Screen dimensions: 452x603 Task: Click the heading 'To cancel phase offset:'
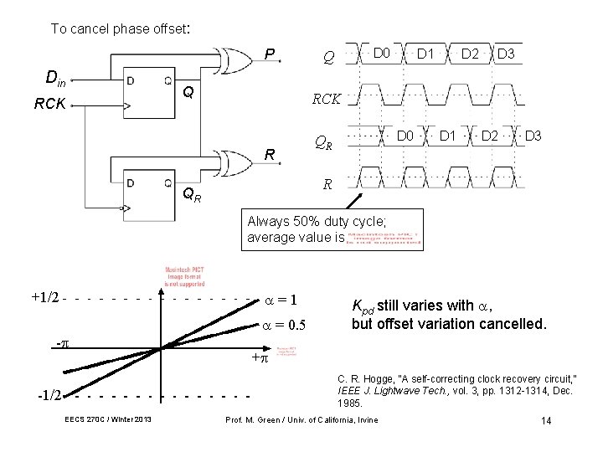coord(121,28)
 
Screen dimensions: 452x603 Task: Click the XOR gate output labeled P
coord(270,55)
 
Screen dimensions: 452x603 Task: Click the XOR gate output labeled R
coord(270,155)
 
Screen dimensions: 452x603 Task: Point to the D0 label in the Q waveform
coord(382,54)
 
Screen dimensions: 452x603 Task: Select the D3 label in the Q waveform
coord(506,54)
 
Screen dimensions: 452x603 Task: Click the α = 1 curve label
coord(282,300)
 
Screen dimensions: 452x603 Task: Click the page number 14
coord(545,420)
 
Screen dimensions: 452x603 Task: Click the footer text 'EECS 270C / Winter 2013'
coord(106,419)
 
